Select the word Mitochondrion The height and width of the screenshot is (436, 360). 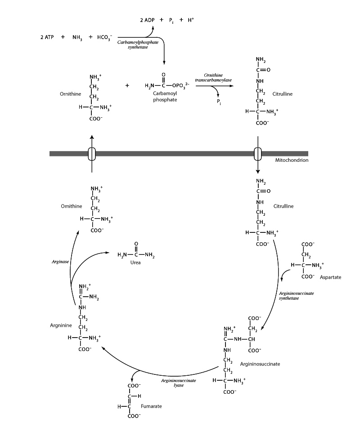[x=291, y=160]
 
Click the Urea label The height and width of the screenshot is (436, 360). [x=135, y=262]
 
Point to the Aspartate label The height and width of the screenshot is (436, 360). [x=330, y=277]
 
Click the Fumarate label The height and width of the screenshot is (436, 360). [x=151, y=406]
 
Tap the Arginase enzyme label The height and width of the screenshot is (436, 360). [x=60, y=261]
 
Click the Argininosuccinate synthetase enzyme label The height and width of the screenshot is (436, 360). [x=296, y=295]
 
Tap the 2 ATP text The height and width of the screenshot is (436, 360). [x=46, y=37]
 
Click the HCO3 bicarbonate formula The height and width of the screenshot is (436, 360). [x=105, y=37]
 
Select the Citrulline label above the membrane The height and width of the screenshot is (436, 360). [x=283, y=94]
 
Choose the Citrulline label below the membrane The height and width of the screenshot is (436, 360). [x=283, y=206]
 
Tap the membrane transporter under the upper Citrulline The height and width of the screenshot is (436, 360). [x=258, y=154]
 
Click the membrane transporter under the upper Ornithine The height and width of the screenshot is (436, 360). [x=92, y=154]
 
